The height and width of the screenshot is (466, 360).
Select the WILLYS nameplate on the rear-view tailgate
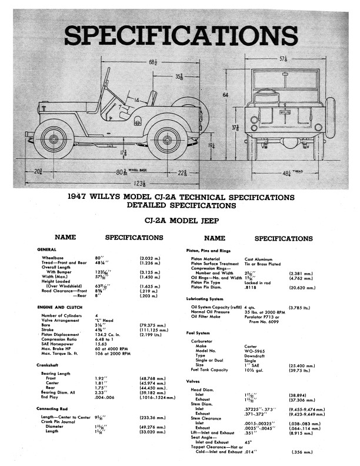pyautogui.click(x=285, y=111)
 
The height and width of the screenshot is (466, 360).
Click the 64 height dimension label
pyautogui.click(x=225, y=94)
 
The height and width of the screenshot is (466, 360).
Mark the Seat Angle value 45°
pyautogui.click(x=248, y=441)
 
